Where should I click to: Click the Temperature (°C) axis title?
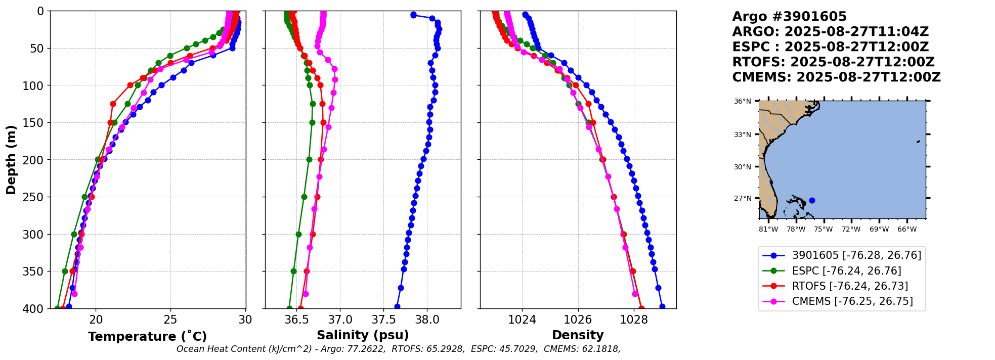pyautogui.click(x=147, y=337)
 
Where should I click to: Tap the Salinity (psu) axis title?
pyautogui.click(x=363, y=335)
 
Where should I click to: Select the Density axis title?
pyautogui.click(x=578, y=335)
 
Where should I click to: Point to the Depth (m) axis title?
pyautogui.click(x=11, y=160)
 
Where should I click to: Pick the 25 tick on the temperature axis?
pyautogui.click(x=170, y=320)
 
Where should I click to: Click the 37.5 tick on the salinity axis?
pyautogui.click(x=383, y=320)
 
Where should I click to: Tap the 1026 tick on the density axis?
pyautogui.click(x=578, y=320)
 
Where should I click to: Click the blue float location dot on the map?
pyautogui.click(x=812, y=200)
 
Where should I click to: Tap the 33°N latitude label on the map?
pyautogui.click(x=743, y=135)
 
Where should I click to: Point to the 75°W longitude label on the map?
pyautogui.click(x=824, y=230)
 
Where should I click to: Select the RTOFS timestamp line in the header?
pyautogui.click(x=833, y=62)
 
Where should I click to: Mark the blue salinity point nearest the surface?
pyautogui.click(x=413, y=15)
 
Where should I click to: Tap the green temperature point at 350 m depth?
pyautogui.click(x=65, y=272)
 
